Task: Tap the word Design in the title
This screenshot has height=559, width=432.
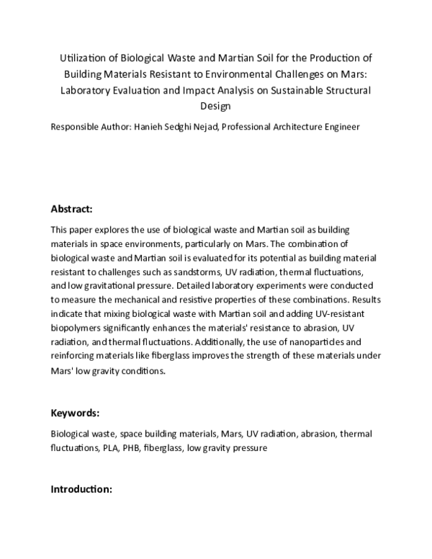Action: (x=215, y=106)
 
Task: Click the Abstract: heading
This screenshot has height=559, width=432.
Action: (x=71, y=209)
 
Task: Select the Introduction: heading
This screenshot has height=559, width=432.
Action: (x=81, y=489)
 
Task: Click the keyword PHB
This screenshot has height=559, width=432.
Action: (x=132, y=447)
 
